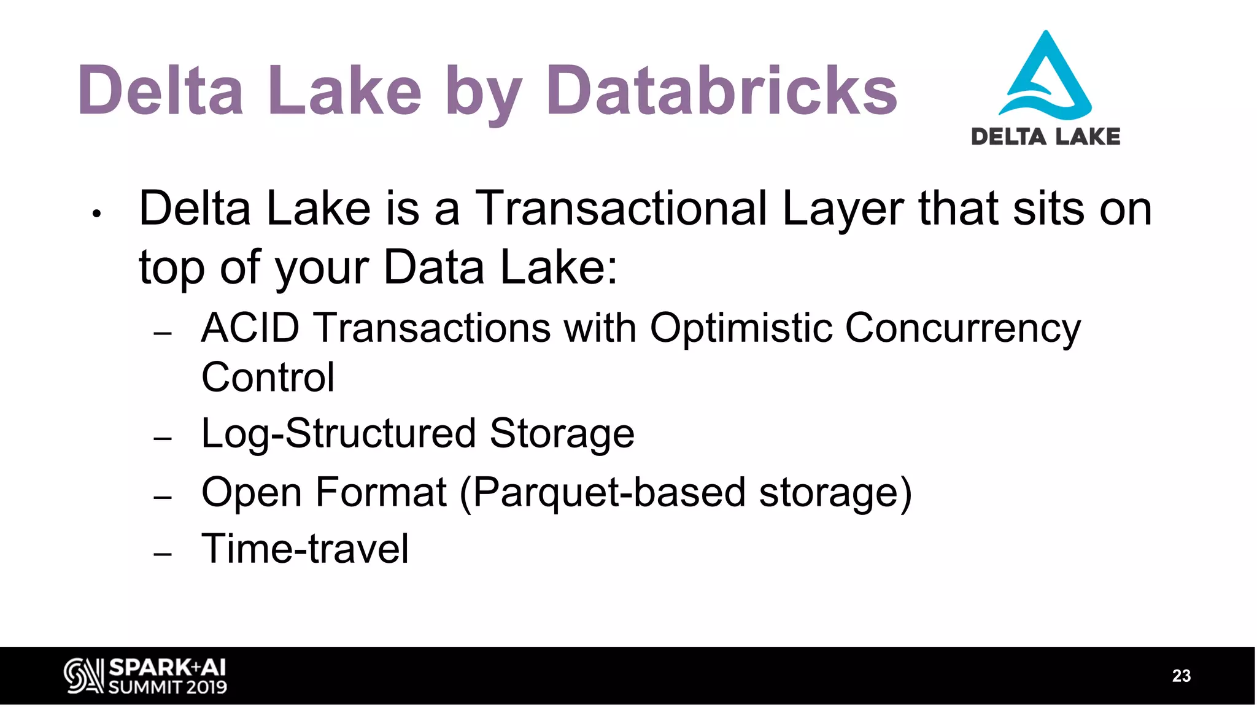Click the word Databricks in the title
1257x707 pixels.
721,91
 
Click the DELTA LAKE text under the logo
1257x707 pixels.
1045,136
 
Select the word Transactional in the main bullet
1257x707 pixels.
621,209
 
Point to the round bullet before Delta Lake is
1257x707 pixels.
96,214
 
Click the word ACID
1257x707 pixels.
250,328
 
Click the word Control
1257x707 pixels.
268,377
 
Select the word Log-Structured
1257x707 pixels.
339,433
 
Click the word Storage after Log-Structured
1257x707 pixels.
562,433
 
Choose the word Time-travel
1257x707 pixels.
304,549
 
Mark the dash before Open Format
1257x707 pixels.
163,498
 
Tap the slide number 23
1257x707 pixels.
1181,676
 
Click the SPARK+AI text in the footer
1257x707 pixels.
167,668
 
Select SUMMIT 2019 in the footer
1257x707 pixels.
167,687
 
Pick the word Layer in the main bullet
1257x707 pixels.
842,209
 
